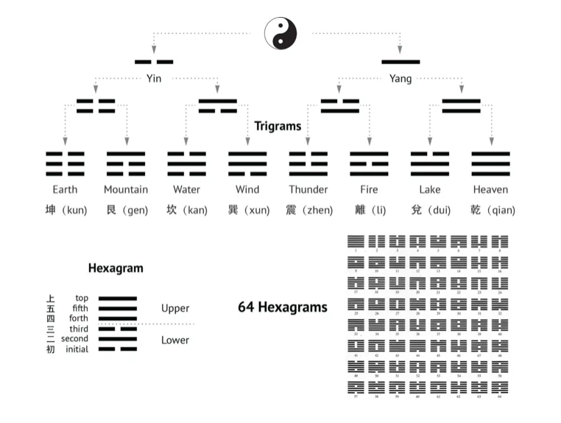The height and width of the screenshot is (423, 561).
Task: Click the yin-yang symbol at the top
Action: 280,33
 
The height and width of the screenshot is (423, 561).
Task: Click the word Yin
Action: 154,79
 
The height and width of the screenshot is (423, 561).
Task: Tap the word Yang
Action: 401,79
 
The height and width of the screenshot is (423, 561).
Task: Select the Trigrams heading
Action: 278,126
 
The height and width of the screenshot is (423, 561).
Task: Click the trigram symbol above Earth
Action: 65,163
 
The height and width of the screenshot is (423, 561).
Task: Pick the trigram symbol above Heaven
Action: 490,163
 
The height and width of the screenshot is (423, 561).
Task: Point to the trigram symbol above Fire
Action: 369,163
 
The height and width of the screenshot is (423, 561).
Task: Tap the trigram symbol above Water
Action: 186,163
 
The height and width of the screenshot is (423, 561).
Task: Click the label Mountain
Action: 126,189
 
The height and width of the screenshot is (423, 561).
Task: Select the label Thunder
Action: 308,189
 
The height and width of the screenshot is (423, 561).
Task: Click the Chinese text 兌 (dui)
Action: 430,210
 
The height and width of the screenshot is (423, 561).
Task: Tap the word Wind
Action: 247,189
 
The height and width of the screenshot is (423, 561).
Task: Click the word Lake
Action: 430,189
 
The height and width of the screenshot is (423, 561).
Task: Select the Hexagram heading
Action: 116,269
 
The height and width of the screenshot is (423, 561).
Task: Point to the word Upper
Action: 175,308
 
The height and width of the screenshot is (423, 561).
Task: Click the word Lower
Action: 175,340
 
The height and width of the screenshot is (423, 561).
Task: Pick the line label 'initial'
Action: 77,349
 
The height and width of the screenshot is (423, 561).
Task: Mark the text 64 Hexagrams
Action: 282,307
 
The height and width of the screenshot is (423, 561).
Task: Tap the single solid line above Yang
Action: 401,62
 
